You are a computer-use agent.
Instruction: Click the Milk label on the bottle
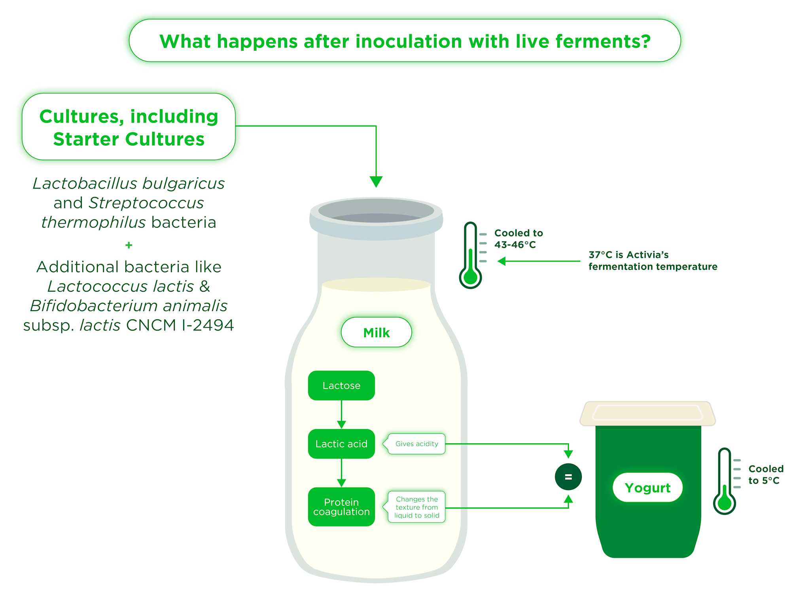coord(376,332)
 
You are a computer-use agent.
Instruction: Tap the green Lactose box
coord(341,386)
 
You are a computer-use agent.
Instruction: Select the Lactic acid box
coord(341,444)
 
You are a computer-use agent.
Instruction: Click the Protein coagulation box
coord(341,507)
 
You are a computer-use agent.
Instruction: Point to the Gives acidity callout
coord(416,444)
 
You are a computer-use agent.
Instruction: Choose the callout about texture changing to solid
coord(416,507)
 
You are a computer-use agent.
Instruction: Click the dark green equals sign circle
coord(568,477)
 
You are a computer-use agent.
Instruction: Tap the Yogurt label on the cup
coord(647,488)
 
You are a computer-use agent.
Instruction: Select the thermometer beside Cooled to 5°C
coord(724,481)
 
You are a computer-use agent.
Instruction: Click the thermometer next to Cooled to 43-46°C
coord(470,255)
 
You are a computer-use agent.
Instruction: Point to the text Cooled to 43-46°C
coord(518,239)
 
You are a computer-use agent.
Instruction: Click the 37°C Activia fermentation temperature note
coord(653,260)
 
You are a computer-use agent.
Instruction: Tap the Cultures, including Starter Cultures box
coord(129,127)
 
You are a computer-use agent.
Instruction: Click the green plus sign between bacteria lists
coord(129,245)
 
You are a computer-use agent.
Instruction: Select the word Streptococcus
coord(146,203)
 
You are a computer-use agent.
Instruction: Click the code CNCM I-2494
coord(180,325)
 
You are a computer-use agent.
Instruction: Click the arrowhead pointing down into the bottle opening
coord(376,182)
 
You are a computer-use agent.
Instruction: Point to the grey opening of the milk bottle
coord(376,211)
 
